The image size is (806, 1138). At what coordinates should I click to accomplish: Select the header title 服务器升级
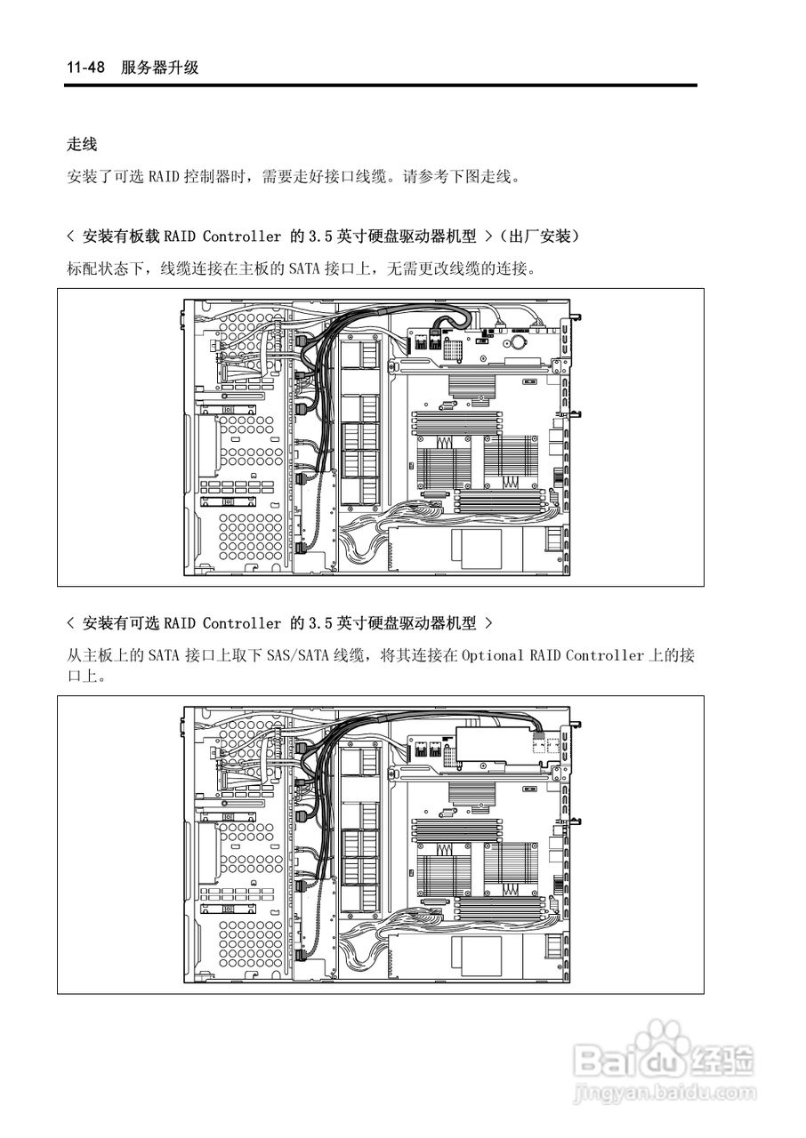[160, 68]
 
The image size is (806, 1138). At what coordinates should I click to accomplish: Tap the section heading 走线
[82, 143]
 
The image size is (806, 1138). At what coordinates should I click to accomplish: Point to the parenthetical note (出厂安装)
[540, 236]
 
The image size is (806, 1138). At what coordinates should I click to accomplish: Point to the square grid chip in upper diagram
[450, 349]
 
